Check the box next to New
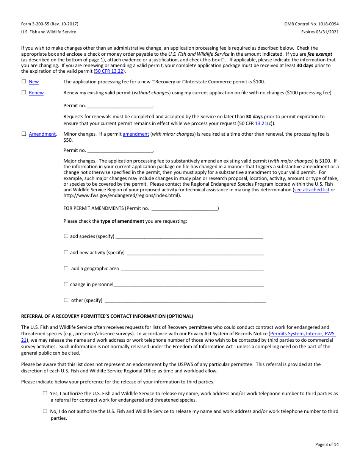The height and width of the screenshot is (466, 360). [24, 81]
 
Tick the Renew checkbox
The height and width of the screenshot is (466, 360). [24, 92]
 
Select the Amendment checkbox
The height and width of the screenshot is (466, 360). [24, 134]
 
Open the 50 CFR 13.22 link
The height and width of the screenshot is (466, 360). [109, 71]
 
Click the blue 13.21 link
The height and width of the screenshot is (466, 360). [261, 124]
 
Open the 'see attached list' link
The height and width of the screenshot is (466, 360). [311, 190]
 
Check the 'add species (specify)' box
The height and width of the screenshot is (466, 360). [66, 236]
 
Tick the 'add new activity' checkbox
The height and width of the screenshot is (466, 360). [66, 252]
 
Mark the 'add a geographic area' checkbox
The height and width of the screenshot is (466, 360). [66, 268]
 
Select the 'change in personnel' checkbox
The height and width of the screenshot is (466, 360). [66, 284]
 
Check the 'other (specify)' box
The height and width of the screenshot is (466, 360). [66, 300]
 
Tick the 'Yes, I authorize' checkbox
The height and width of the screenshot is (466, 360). [45, 394]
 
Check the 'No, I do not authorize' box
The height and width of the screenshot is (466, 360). [45, 411]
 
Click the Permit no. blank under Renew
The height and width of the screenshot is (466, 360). [120, 106]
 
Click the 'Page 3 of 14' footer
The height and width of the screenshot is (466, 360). [327, 444]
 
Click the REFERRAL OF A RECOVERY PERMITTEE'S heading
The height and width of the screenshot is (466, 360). [107, 316]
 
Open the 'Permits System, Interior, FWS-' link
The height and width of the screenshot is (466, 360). [303, 334]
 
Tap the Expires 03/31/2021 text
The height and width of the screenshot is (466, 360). [320, 32]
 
